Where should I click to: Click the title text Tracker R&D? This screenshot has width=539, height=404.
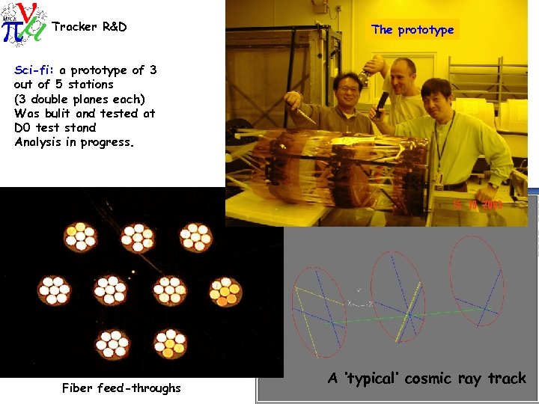point(89,27)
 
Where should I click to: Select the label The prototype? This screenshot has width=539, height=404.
point(412,30)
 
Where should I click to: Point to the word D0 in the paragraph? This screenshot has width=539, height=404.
point(22,127)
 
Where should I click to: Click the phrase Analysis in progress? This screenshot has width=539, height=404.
point(74,141)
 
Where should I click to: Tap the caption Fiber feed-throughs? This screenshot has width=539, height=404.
point(121,388)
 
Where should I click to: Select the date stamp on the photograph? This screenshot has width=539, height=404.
point(476,204)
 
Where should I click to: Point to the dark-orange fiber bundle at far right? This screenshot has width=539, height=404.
point(224,292)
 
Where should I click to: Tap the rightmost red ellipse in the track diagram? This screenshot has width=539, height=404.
point(475,281)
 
